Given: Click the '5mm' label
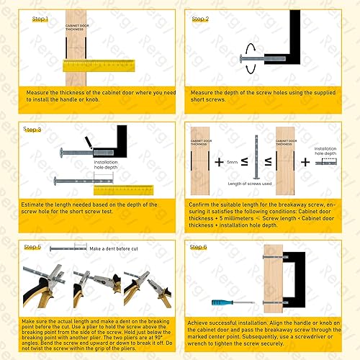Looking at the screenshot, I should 231,163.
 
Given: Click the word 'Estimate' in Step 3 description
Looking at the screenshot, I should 38,206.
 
